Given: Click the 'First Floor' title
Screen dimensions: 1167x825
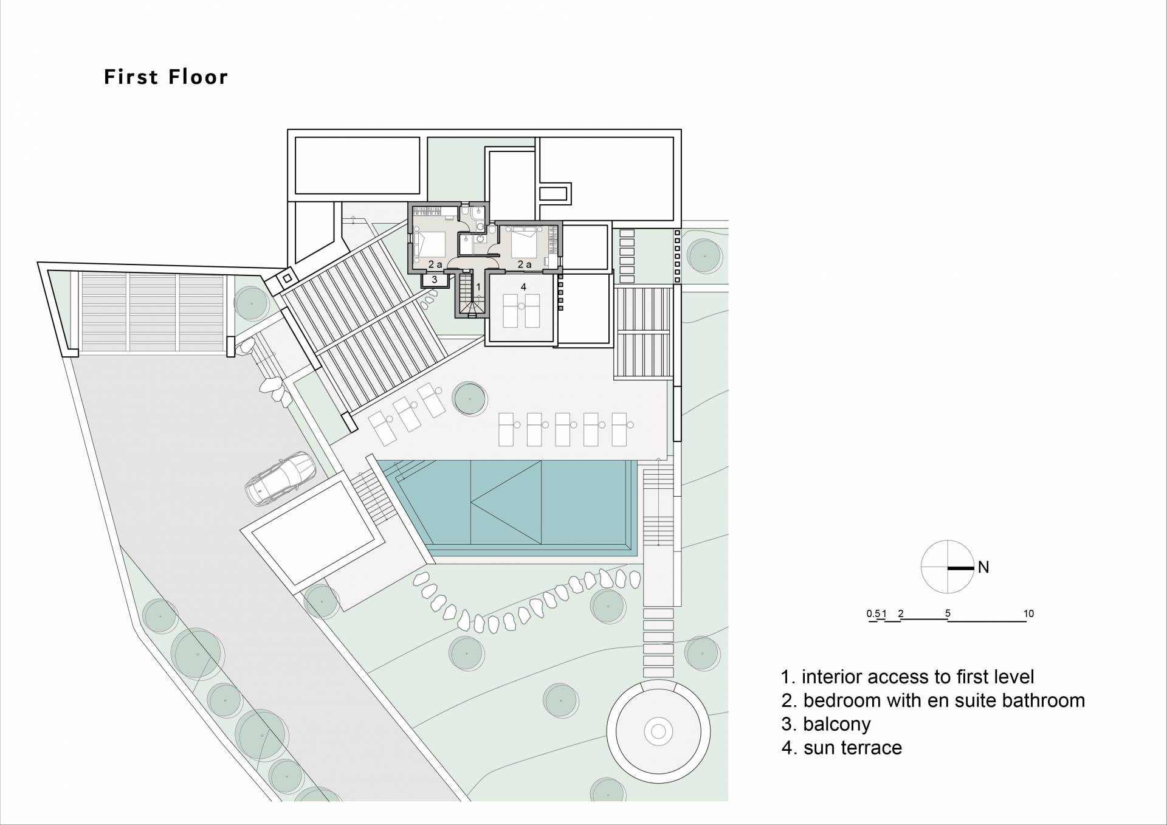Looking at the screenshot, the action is (166, 77).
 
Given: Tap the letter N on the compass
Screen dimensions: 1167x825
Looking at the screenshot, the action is (983, 567).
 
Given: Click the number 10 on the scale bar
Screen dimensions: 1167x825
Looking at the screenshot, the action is (1028, 613).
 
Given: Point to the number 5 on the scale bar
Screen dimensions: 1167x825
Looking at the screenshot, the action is (948, 613).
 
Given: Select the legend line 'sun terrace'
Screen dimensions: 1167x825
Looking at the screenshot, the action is (842, 747).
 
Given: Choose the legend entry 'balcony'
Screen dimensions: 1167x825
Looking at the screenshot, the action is (826, 724).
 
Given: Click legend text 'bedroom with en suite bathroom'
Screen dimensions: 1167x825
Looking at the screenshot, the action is (933, 700).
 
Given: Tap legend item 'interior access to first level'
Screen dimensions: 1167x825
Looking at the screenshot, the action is (907, 677).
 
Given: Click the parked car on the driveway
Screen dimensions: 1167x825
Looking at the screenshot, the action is (280, 478).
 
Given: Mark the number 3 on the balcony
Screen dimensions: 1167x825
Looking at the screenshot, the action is (435, 280).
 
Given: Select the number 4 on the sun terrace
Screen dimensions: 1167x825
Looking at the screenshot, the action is (523, 286).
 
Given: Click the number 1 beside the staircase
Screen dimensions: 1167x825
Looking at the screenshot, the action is (478, 286).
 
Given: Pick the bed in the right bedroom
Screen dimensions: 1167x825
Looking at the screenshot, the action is (525, 241).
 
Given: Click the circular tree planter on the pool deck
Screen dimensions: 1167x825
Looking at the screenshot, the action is (470, 398).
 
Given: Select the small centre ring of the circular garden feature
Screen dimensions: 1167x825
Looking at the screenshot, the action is (658, 730).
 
